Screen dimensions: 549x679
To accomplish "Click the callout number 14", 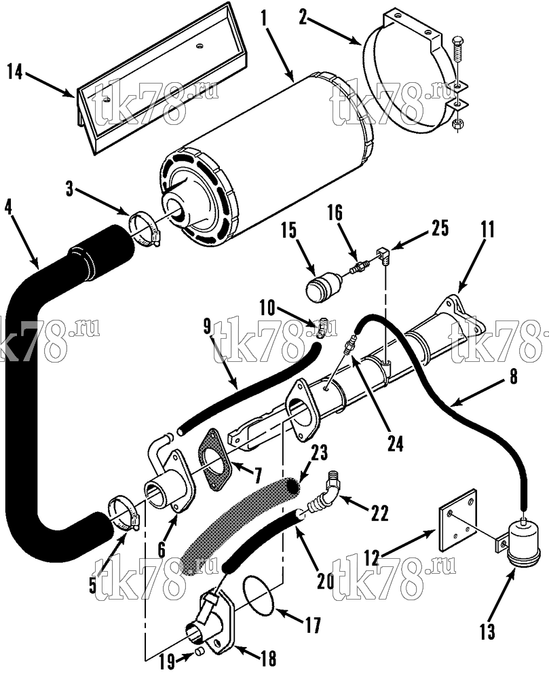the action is [x=16, y=71].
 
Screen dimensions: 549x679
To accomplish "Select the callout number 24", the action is [x=394, y=444].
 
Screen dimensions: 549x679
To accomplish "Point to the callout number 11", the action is [x=487, y=230].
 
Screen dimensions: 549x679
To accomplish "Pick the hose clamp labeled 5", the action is [x=124, y=513].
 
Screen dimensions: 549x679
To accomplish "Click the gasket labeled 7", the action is [x=214, y=460].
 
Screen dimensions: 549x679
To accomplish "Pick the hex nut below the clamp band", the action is [x=456, y=124].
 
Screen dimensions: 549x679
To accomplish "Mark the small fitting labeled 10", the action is [x=322, y=328].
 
